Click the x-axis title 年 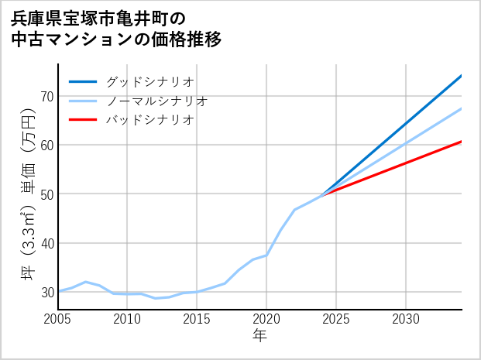(x=260, y=335)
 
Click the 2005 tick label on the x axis (x=58, y=318)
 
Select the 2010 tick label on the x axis (x=128, y=318)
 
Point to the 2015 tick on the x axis (x=197, y=318)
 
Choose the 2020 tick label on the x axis (x=266, y=318)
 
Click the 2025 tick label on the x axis (x=336, y=318)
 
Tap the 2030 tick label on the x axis (x=406, y=318)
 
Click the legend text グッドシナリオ (x=149, y=81)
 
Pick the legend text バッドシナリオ (x=149, y=120)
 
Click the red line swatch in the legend (x=84, y=120)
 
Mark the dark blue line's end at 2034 (x=462, y=75)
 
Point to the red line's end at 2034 (x=462, y=142)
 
